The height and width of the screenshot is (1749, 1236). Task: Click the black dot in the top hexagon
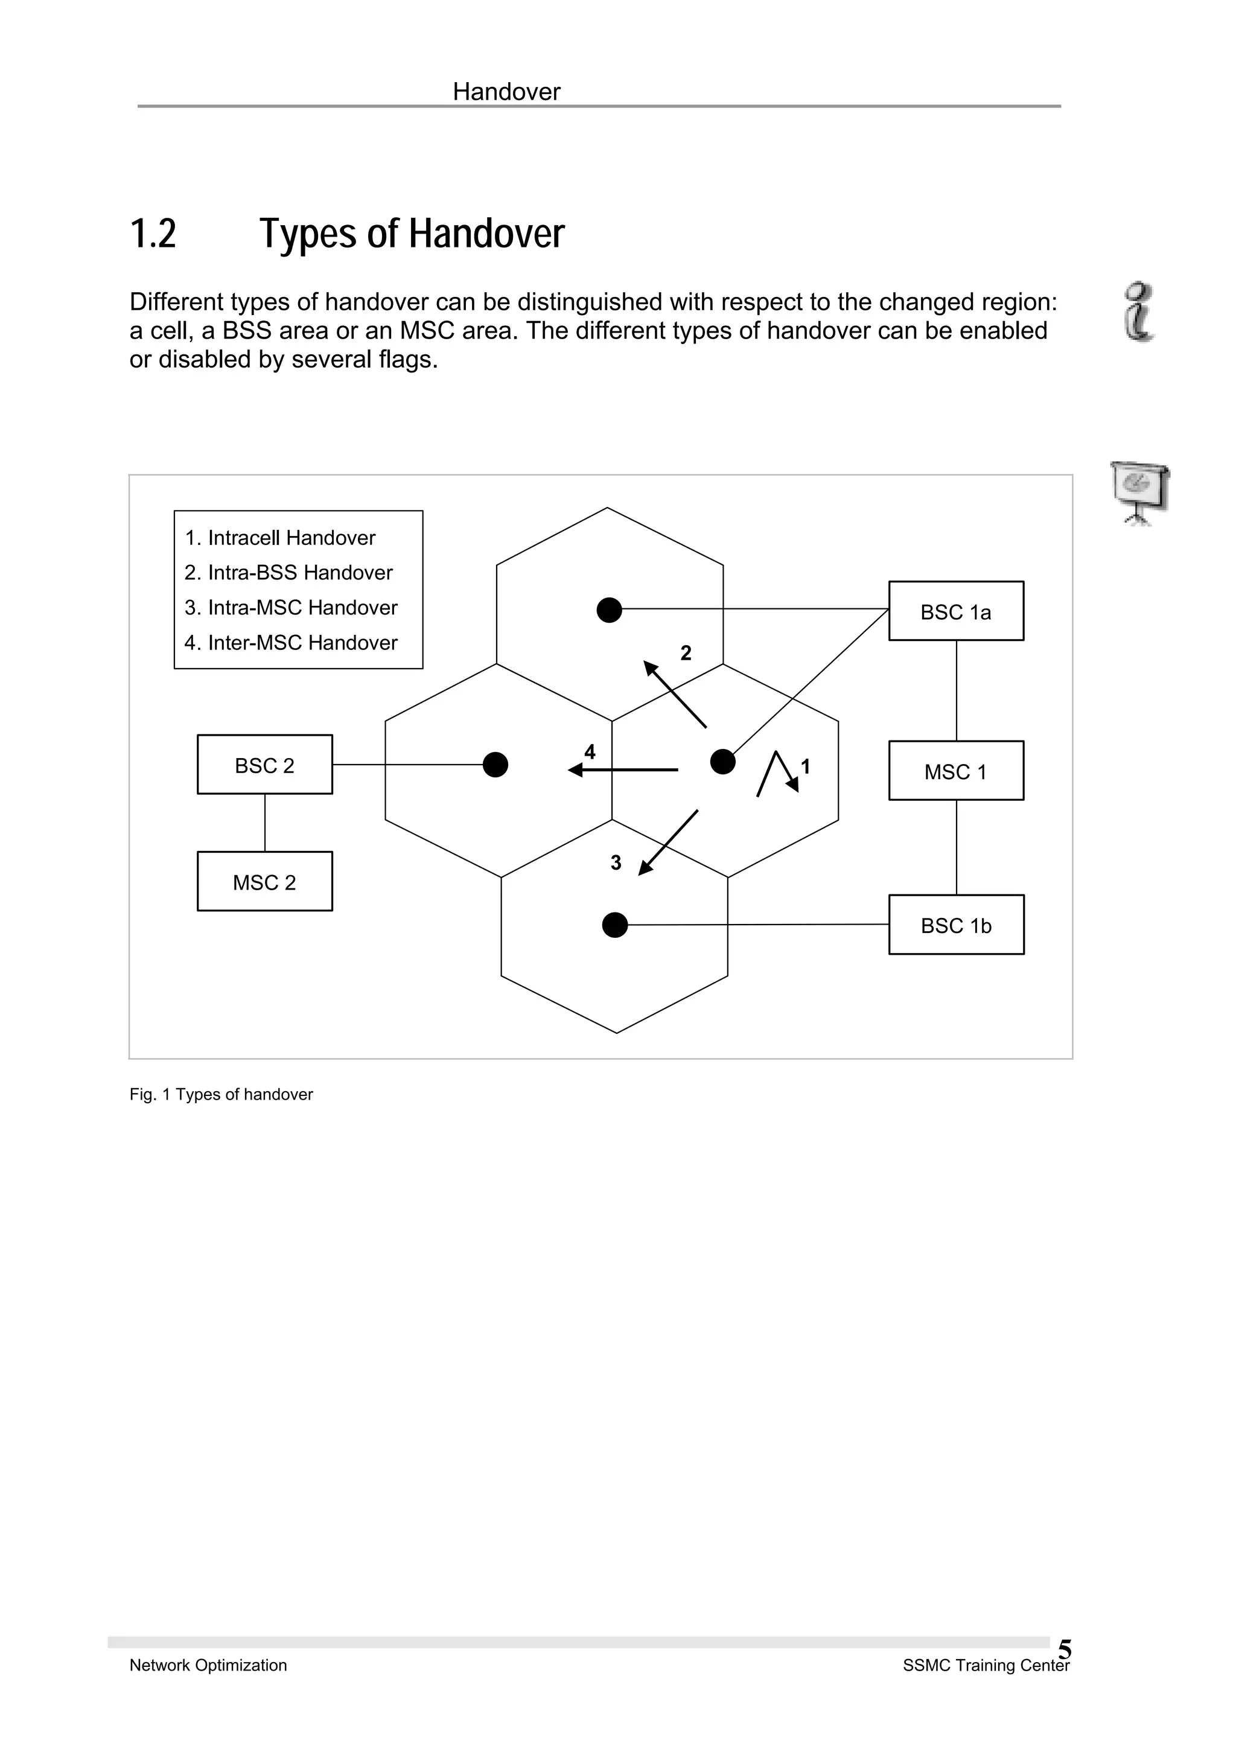[609, 610]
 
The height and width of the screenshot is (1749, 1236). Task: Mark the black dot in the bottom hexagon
[614, 925]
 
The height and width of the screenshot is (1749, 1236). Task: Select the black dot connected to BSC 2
[495, 764]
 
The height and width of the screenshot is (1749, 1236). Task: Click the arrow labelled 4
[623, 770]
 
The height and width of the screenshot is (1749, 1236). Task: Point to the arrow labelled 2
[675, 694]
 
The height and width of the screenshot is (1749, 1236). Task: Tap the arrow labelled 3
[668, 843]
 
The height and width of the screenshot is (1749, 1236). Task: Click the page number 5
[1065, 1650]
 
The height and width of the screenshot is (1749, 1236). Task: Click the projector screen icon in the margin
[1139, 492]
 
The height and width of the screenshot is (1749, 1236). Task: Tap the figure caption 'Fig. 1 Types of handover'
[221, 1095]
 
